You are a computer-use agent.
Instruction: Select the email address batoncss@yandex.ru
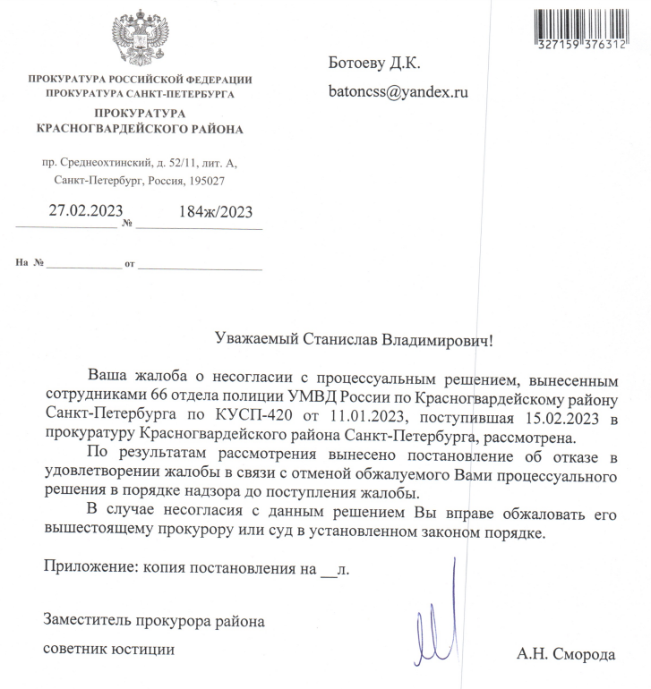tap(400, 90)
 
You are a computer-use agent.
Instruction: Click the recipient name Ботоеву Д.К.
tap(375, 63)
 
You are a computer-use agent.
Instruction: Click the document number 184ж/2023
tap(216, 212)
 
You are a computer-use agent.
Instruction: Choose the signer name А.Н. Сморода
tap(566, 654)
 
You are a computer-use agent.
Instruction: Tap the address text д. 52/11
tap(170, 164)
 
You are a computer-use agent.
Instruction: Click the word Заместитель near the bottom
tap(87, 619)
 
